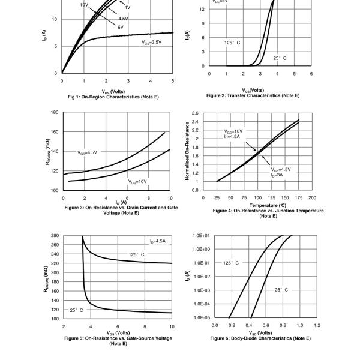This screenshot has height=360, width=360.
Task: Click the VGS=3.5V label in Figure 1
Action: click(x=151, y=43)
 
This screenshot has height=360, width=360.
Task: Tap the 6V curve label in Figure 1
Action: click(x=121, y=27)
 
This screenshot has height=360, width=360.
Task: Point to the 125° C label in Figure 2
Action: click(x=232, y=43)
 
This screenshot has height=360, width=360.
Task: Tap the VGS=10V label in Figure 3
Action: click(x=137, y=181)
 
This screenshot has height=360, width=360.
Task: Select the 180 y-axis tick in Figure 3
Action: click(x=55, y=112)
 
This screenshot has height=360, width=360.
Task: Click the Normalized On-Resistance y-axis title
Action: click(x=188, y=152)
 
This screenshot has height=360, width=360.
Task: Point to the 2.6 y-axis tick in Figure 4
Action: click(x=195, y=113)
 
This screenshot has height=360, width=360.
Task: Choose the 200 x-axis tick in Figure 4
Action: click(x=312, y=197)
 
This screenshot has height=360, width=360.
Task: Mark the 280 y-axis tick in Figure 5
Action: click(x=55, y=236)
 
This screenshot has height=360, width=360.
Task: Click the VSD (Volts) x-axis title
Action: click(x=261, y=332)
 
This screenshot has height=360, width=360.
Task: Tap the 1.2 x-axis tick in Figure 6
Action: click(x=317, y=325)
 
